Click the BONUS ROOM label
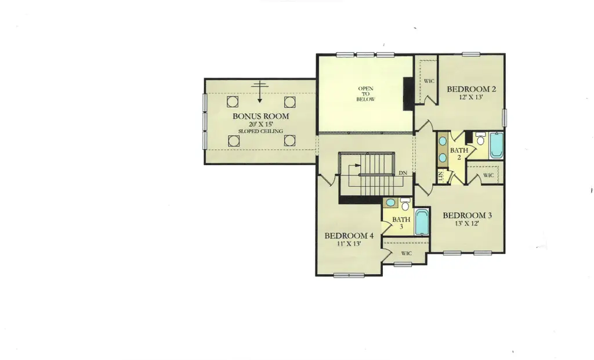tap(260, 116)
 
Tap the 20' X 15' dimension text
tap(261, 124)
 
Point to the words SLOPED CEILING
tap(260, 132)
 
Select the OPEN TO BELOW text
tap(365, 94)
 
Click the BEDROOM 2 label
tap(471, 89)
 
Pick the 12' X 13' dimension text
tap(471, 97)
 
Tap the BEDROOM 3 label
tap(467, 216)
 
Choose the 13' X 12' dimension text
tap(467, 223)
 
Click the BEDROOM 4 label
tap(349, 236)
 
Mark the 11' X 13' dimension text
tap(349, 244)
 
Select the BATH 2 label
tap(459, 154)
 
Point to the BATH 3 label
tap(401, 223)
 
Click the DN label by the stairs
tap(403, 173)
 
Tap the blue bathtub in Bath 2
tap(497, 146)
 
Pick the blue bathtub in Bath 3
tap(422, 222)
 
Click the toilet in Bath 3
tap(405, 204)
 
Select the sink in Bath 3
tap(390, 202)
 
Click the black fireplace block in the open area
tap(408, 94)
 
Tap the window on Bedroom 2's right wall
tap(504, 117)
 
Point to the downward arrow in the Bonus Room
tap(259, 92)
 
